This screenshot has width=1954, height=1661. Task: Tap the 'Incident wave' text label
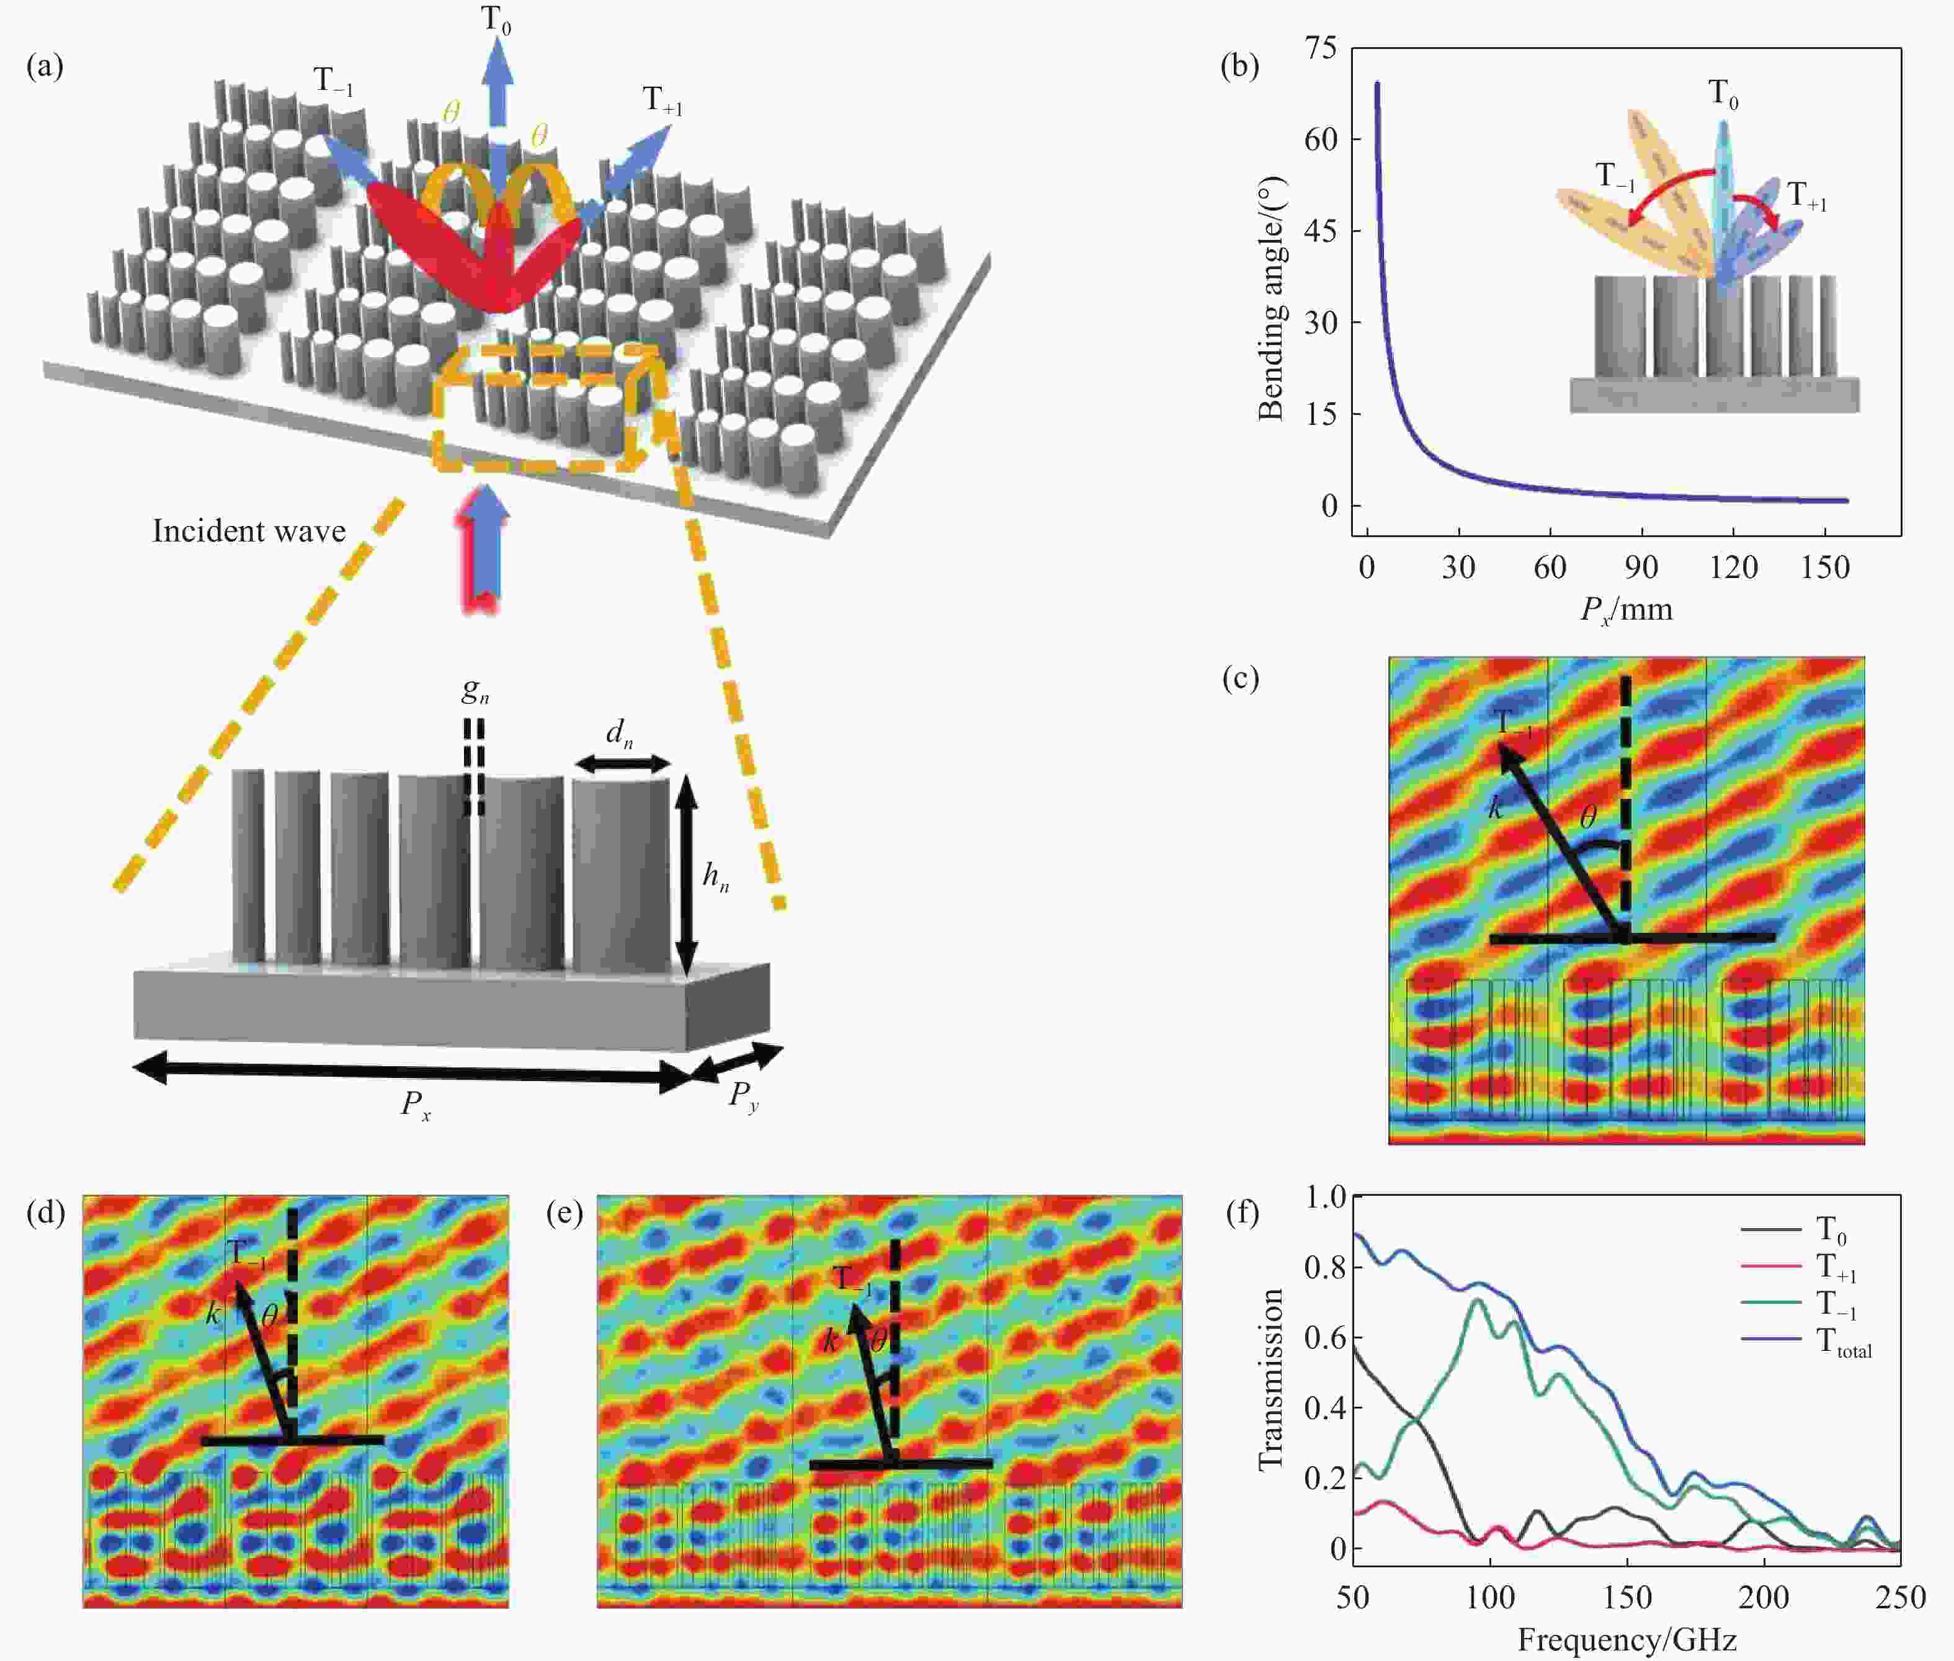click(x=249, y=531)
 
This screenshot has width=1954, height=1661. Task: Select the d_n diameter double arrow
click(x=622, y=765)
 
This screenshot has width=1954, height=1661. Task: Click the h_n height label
click(x=716, y=878)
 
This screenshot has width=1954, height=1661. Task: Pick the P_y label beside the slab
click(x=744, y=1096)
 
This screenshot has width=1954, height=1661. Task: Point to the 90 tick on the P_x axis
click(x=1641, y=568)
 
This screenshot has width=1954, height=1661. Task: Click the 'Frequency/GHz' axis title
click(x=1626, y=1641)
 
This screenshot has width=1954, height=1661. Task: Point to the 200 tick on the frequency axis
click(x=1764, y=1597)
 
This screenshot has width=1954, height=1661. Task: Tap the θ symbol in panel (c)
click(x=1587, y=817)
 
